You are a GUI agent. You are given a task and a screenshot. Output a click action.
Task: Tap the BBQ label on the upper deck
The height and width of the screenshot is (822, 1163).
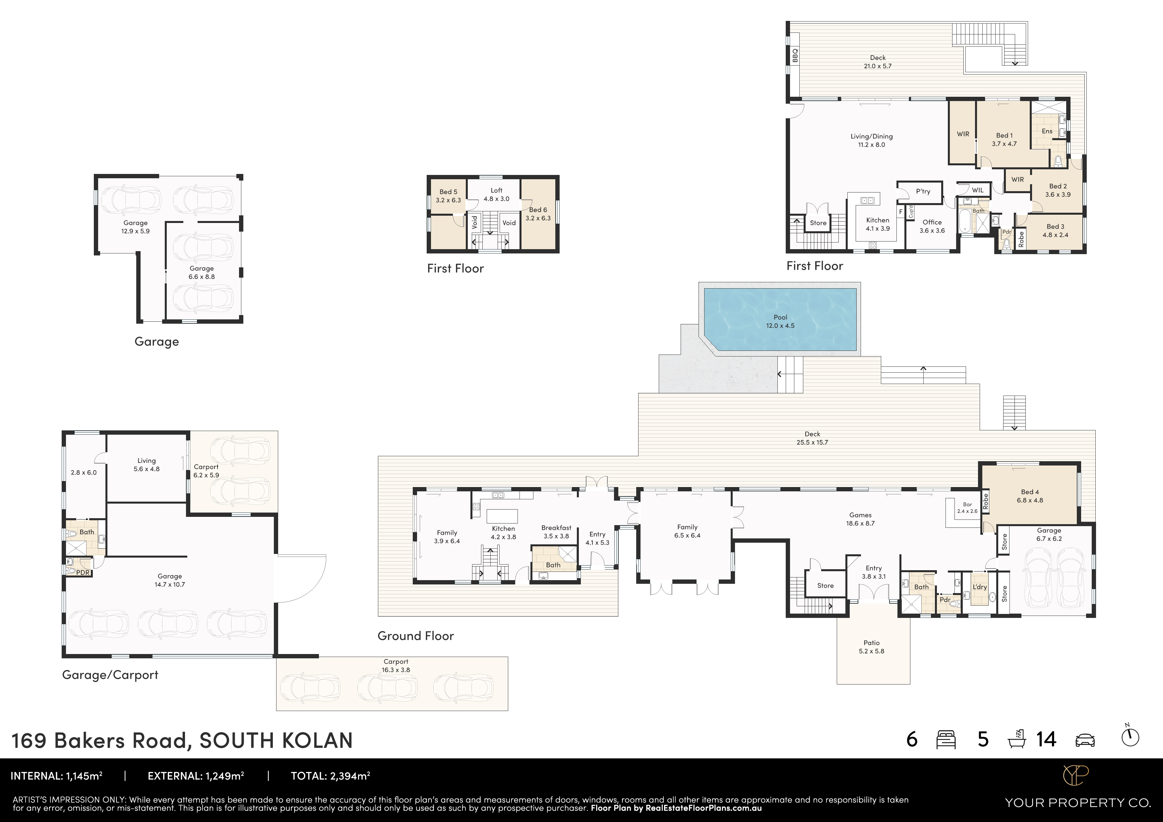[x=795, y=55]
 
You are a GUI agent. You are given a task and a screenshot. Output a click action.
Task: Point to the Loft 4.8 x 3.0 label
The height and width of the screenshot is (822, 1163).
[x=496, y=194]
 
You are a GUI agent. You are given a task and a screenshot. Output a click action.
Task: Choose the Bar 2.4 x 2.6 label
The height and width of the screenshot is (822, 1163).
[x=967, y=508]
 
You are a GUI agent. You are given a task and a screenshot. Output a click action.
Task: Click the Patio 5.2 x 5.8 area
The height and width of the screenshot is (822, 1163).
[x=871, y=647]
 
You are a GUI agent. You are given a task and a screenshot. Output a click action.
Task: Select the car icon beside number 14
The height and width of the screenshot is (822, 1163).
[x=1084, y=740]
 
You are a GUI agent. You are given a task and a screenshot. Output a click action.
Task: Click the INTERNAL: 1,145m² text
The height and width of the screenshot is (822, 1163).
[x=56, y=775]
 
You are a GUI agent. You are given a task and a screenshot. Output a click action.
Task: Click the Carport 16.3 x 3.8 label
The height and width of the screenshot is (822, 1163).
[x=396, y=665]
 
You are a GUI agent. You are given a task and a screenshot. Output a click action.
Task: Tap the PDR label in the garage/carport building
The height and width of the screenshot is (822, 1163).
[x=83, y=573]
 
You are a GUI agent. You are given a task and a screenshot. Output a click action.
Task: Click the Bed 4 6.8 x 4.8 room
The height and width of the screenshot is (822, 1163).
[x=1029, y=496]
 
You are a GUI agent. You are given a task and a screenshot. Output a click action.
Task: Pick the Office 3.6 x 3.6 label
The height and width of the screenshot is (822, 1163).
[x=932, y=226]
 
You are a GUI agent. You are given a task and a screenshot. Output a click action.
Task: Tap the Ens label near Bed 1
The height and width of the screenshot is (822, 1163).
[x=1047, y=131]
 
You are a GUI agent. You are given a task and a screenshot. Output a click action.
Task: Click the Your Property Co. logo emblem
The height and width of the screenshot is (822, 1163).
[x=1075, y=775]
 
